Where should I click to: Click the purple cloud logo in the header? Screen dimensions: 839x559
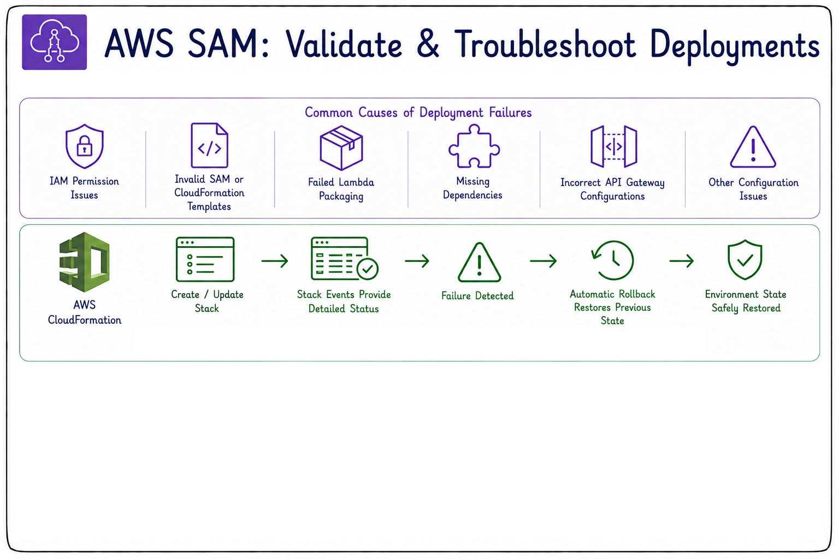[55, 42]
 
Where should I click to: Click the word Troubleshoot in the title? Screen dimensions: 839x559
[545, 44]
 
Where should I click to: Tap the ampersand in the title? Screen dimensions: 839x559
[427, 44]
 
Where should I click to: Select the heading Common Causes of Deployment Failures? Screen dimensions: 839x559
[418, 112]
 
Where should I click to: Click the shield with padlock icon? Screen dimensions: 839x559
[84, 146]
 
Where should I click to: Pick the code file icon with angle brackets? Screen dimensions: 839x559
[209, 145]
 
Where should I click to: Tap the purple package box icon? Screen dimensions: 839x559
[341, 147]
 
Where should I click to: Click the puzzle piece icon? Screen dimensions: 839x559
[474, 146]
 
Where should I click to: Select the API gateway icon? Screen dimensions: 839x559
[613, 146]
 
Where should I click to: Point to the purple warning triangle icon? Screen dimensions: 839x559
[753, 147]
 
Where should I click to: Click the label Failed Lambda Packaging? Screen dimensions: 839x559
[341, 189]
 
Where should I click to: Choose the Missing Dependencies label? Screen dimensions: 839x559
[472, 188]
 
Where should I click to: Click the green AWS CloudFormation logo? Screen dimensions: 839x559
[85, 262]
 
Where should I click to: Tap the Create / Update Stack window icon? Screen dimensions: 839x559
[205, 259]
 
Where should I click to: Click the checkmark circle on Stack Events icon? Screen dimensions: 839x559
[368, 269]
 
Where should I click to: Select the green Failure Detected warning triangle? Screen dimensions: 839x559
[479, 262]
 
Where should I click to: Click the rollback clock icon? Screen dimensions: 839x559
[613, 260]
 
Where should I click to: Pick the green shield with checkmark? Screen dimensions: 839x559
[745, 259]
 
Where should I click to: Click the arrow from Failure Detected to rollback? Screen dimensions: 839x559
[543, 260]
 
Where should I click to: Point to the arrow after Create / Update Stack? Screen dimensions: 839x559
[275, 260]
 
